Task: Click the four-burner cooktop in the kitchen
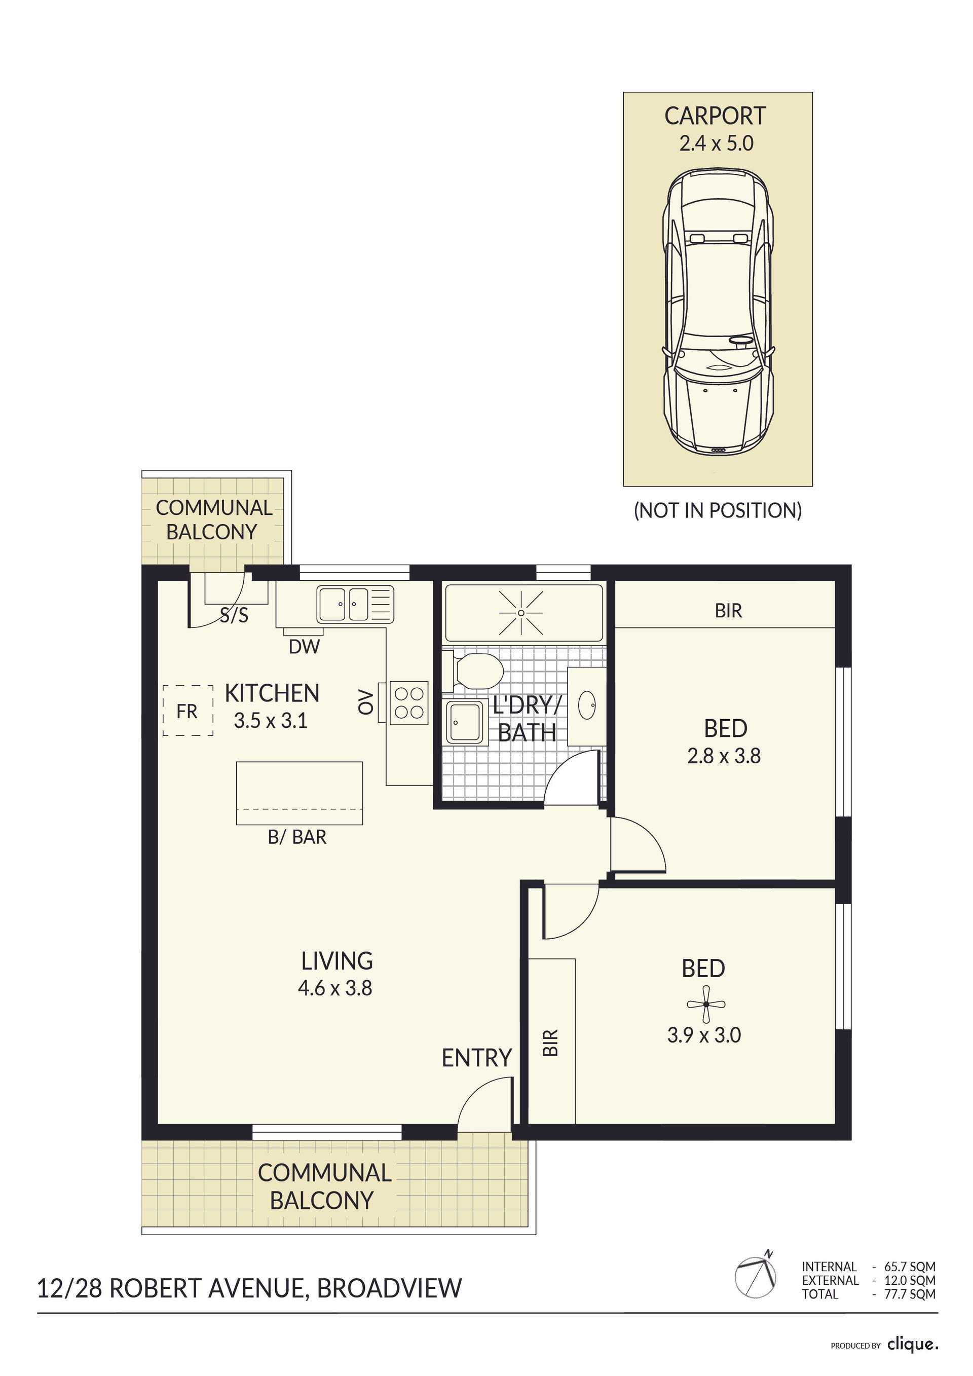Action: click(x=408, y=703)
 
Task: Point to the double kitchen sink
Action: click(x=355, y=604)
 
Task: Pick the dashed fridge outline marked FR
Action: click(x=188, y=711)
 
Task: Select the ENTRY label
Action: click(x=476, y=1058)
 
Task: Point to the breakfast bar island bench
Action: click(x=300, y=793)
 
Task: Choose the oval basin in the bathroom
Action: click(x=587, y=705)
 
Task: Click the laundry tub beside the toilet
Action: click(x=464, y=723)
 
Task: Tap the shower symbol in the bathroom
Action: click(x=521, y=613)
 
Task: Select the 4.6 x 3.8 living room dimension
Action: click(x=335, y=988)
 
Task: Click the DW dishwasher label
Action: click(x=305, y=647)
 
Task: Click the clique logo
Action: click(x=913, y=1345)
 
